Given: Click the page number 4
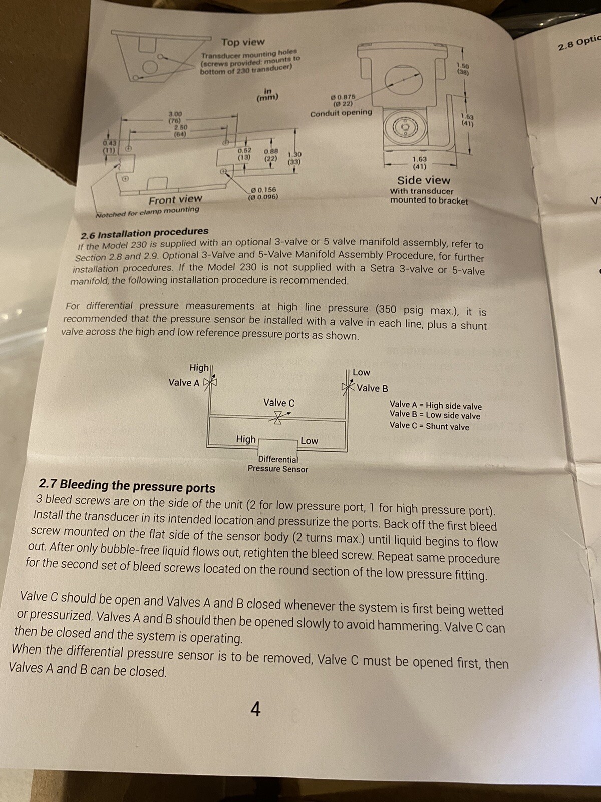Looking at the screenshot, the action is coord(255,709).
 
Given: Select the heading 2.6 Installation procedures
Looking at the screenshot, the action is coord(145,232).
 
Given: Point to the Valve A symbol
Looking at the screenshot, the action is coord(211,382).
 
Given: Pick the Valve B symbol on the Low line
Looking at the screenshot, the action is coord(348,387).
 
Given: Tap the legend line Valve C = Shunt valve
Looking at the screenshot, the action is coord(429,426).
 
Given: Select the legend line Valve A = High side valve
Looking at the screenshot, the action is coord(435,405).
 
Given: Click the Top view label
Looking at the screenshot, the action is coord(243,42).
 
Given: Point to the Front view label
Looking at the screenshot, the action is coord(175,199).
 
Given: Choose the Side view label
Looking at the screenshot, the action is coord(424,180).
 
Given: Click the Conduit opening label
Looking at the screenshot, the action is coord(341,113).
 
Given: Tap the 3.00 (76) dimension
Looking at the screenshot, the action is coord(175,117).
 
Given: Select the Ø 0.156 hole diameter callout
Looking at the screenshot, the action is coord(263,193).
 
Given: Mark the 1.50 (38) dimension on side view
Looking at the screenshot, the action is coord(463,69).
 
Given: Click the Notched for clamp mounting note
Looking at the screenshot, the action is coord(147,211).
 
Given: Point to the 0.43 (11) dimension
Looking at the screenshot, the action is coord(109,146).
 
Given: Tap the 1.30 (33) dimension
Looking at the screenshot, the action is coord(294,158).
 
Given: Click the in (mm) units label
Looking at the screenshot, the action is coord(267,94).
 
